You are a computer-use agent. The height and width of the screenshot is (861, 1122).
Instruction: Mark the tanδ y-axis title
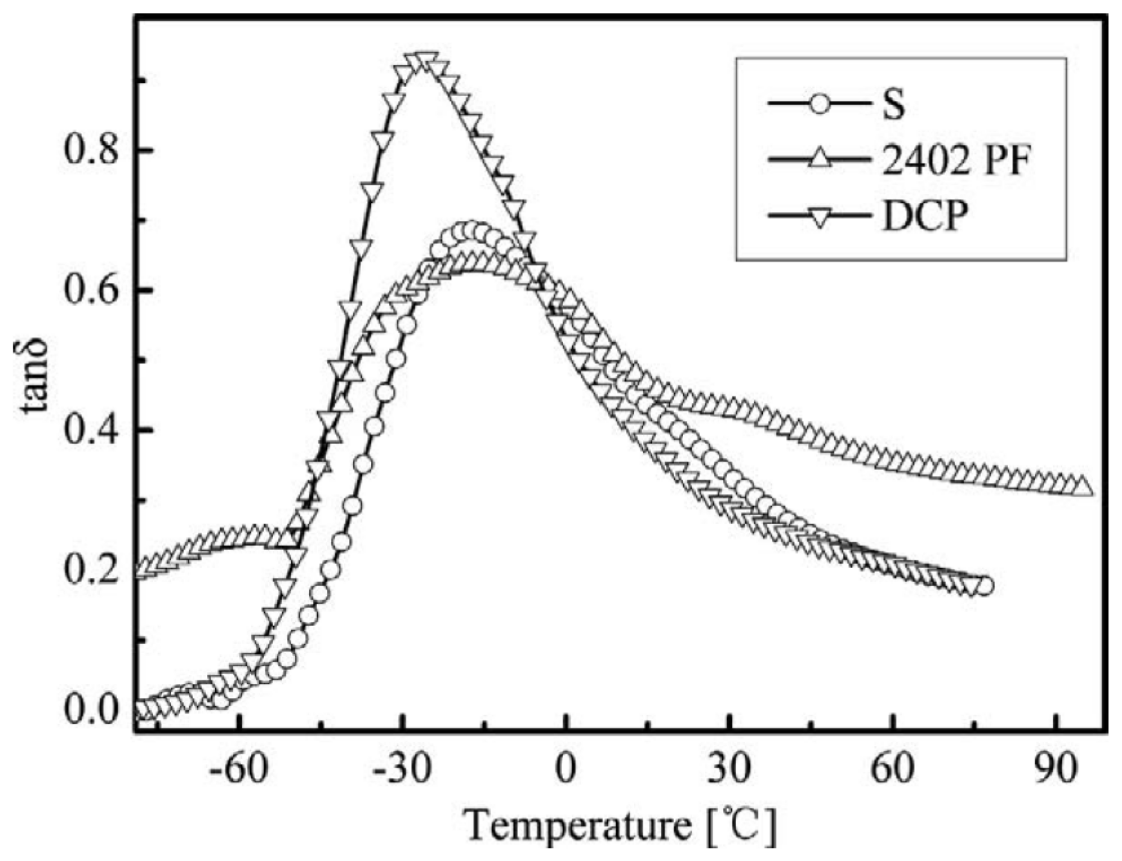(36, 378)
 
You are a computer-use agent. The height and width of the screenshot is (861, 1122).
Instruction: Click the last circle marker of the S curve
(984, 586)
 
